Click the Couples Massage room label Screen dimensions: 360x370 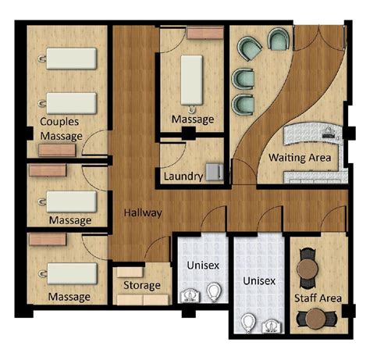click(x=62, y=130)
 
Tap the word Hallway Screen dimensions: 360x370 click(x=141, y=212)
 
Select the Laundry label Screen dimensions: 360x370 click(x=183, y=176)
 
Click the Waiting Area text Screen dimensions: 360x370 click(x=300, y=158)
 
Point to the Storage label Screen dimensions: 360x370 click(x=141, y=285)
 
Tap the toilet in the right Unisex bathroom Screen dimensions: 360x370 click(x=248, y=322)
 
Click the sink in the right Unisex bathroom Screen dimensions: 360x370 click(x=271, y=323)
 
